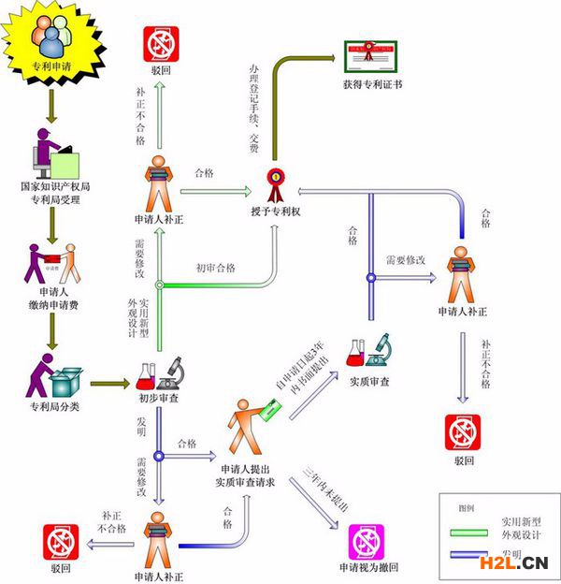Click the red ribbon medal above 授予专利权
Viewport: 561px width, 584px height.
click(x=276, y=182)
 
